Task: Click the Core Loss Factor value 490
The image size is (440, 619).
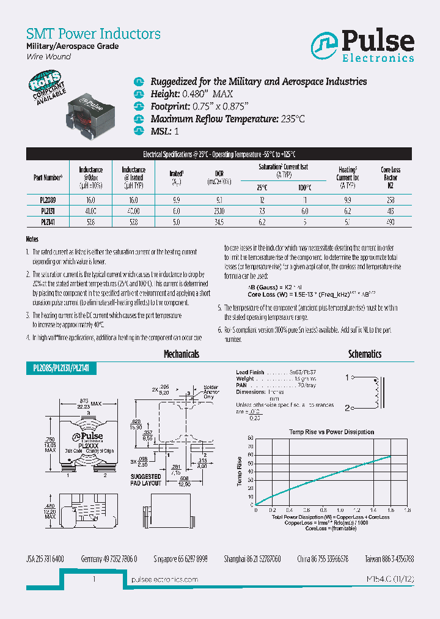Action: click(390, 222)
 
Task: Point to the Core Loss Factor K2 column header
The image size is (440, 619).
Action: click(390, 177)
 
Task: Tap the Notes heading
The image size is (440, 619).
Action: click(32, 240)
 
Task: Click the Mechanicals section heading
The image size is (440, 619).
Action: click(181, 354)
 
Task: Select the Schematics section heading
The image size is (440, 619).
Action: click(364, 354)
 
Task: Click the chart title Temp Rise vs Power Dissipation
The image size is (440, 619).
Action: click(332, 432)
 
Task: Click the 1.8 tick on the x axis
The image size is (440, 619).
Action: click(408, 510)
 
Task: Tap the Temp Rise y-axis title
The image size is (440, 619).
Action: click(239, 472)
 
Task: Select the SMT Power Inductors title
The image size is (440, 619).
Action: click(94, 34)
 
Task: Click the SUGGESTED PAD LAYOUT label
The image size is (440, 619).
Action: click(145, 480)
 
